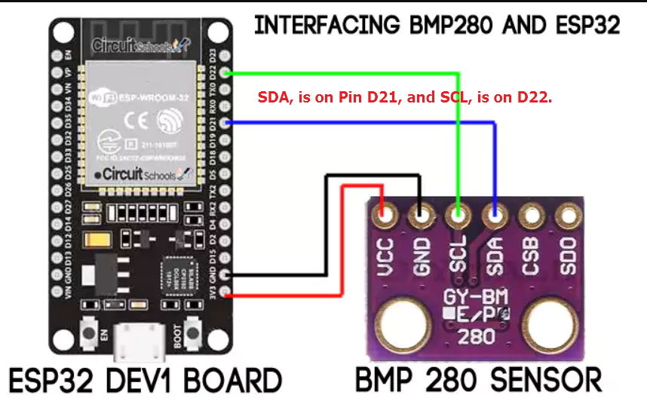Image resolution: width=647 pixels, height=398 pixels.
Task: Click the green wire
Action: (x=458, y=136)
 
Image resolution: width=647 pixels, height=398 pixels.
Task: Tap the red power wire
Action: (x=343, y=241)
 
